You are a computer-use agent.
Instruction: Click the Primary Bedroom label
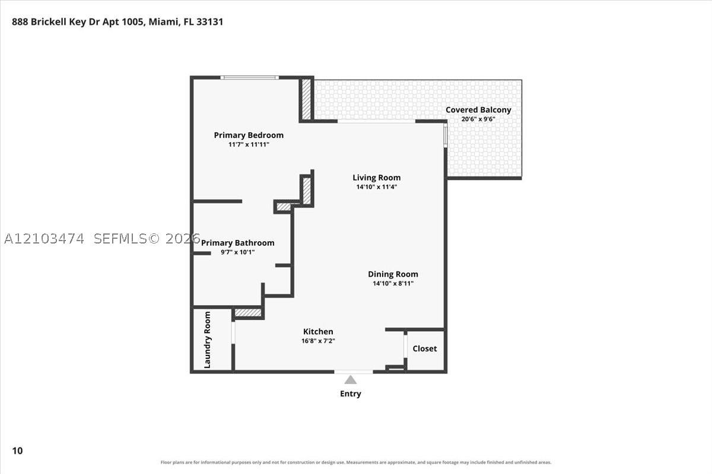tap(249, 135)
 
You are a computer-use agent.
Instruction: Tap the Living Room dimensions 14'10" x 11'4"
tap(376, 187)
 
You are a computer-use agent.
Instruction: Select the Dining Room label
tap(393, 274)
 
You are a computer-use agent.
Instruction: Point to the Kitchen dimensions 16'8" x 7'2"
tap(318, 341)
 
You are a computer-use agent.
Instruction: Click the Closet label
tap(425, 348)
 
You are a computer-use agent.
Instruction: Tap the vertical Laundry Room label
tap(207, 340)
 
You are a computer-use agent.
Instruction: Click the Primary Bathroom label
tap(238, 243)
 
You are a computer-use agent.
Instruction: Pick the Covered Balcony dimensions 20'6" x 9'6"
tap(478, 119)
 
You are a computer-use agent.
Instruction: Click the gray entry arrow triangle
tap(350, 380)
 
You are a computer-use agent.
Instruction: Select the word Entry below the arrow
tap(351, 394)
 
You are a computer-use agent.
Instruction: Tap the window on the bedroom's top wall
tap(250, 78)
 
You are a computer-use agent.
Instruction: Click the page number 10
tap(17, 451)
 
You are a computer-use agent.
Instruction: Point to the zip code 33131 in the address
tap(210, 22)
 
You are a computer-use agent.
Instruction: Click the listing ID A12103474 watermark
tap(44, 239)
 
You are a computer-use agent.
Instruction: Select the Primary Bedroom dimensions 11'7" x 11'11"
tap(249, 145)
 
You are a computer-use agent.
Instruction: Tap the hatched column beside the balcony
tap(306, 99)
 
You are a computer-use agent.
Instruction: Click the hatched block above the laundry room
tap(248, 313)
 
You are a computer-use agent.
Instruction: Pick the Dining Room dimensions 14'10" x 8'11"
tap(393, 283)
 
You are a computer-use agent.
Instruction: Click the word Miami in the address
tap(163, 22)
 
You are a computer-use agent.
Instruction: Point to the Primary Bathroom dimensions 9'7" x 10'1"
tap(238, 252)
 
